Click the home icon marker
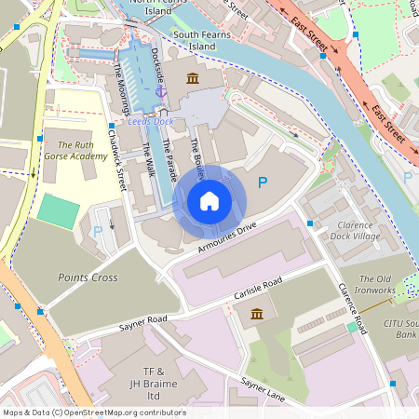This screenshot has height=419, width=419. click(x=209, y=201)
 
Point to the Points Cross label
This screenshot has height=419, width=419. click(x=86, y=277)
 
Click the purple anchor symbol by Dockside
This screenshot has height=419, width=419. click(x=159, y=92)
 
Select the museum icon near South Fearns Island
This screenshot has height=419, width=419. click(x=193, y=77)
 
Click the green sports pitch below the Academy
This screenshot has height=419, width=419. click(x=58, y=211)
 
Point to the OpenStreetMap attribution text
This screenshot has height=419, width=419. click(x=93, y=412)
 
